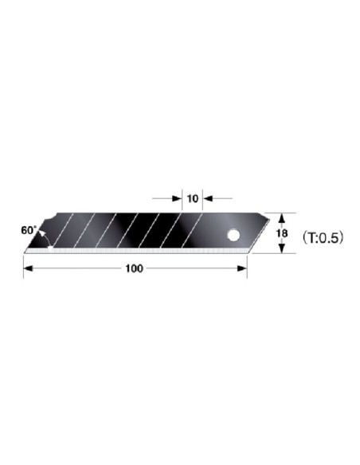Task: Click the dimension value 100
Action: pos(134,268)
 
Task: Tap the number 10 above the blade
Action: pos(193,198)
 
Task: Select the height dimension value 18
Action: pos(282,233)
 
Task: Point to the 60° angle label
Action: pos(29,230)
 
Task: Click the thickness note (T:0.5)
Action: pos(323,237)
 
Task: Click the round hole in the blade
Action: pos(233,235)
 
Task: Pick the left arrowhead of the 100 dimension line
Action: pos(28,268)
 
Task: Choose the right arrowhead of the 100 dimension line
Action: pos(242,268)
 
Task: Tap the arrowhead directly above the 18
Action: pos(282,218)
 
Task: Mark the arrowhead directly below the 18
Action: pos(282,248)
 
